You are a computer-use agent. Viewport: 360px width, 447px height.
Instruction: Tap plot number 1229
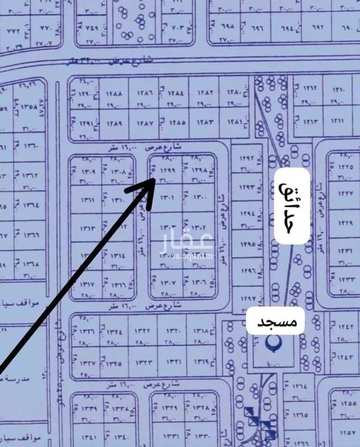tap(346, 223)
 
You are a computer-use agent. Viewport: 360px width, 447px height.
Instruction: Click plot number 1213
tap(310, 122)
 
